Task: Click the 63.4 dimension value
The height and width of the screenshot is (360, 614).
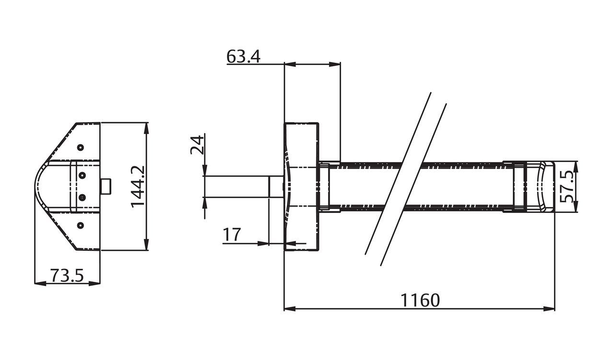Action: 243,57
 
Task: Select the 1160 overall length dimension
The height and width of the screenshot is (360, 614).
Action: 420,301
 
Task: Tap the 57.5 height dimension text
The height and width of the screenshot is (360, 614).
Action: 567,186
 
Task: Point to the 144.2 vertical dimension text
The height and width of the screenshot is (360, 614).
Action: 138,186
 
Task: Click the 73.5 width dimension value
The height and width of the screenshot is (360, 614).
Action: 67,276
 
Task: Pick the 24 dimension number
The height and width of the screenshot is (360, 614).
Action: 197,144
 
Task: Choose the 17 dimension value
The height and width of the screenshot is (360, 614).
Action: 232,235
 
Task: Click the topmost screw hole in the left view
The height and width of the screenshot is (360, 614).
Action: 81,147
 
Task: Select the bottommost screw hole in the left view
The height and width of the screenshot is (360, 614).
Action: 81,225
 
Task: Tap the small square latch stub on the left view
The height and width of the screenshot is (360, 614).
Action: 106,186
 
